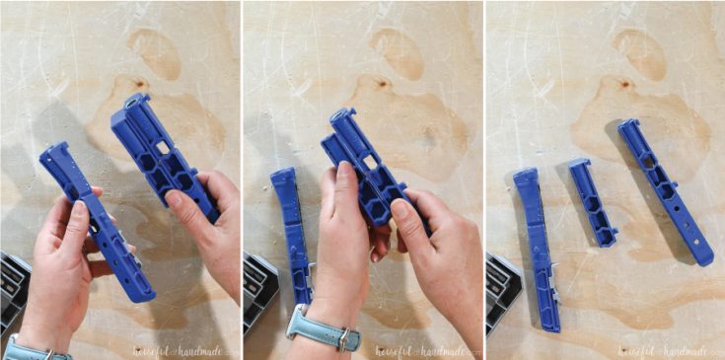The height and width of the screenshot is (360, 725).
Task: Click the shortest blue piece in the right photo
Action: (x=592, y=202)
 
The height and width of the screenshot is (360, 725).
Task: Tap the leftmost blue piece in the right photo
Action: (x=537, y=247)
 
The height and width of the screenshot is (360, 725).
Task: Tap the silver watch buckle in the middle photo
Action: (x=344, y=339)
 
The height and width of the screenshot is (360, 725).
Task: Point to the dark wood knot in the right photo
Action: (x=623, y=83)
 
